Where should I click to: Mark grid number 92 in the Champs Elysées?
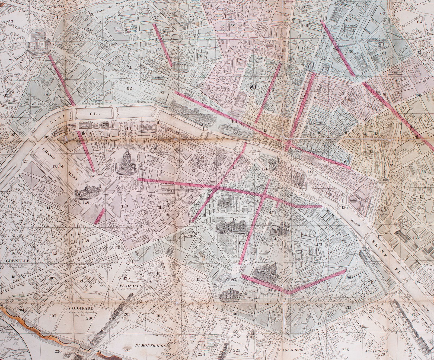129,88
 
